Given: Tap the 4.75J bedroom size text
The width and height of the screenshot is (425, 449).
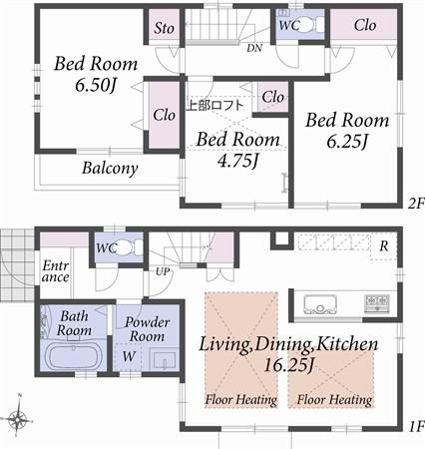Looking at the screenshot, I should (225, 158).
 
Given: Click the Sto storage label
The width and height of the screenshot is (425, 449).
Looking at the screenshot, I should (165, 28).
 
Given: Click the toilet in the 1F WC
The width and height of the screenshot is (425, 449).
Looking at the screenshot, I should (124, 249).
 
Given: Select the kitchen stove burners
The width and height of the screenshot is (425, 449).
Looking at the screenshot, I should (376, 301).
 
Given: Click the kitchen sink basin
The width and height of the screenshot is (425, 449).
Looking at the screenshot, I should (320, 300).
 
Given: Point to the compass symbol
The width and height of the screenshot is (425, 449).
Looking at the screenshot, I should (18, 419).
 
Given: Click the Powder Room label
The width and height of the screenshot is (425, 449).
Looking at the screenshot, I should (146, 329).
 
